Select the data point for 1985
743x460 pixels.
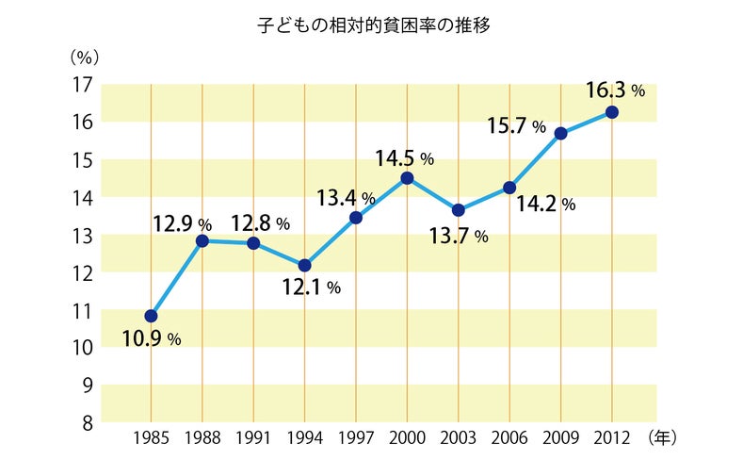click(x=151, y=316)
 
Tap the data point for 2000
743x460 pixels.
click(x=407, y=177)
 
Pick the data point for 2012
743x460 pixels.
click(x=612, y=111)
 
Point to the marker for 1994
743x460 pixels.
click(x=304, y=266)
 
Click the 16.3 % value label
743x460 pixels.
click(x=614, y=90)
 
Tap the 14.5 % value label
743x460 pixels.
click(x=403, y=157)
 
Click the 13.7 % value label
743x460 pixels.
click(x=459, y=236)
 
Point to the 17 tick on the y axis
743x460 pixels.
click(x=82, y=85)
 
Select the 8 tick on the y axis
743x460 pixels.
click(x=87, y=422)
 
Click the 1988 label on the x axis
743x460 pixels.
click(x=202, y=438)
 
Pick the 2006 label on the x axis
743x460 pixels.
click(x=509, y=438)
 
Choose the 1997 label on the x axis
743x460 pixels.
click(x=356, y=438)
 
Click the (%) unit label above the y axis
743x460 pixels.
click(x=85, y=57)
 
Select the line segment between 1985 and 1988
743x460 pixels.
click(x=176, y=278)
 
